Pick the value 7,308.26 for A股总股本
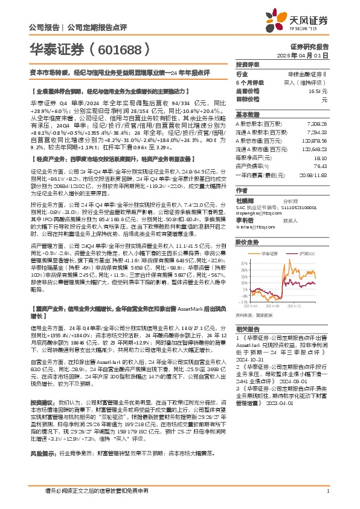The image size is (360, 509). (x=318, y=123)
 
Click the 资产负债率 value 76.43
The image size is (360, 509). (x=320, y=165)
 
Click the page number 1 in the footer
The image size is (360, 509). (x=327, y=498)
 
